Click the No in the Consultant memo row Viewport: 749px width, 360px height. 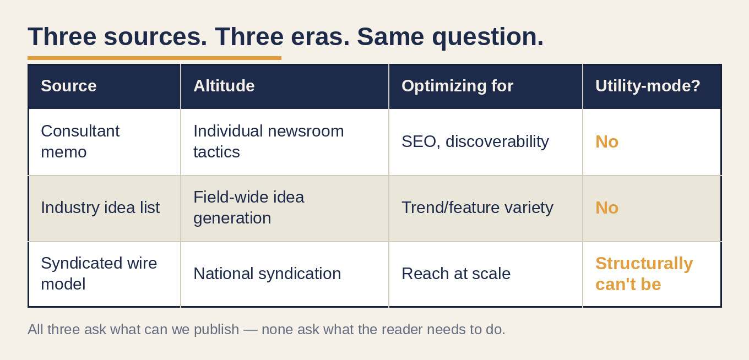pyautogui.click(x=607, y=141)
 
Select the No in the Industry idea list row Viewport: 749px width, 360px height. pyautogui.click(x=607, y=208)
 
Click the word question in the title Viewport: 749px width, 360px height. pyautogui.click(x=488, y=37)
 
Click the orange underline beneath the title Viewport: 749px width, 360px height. pyautogui.click(x=154, y=58)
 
